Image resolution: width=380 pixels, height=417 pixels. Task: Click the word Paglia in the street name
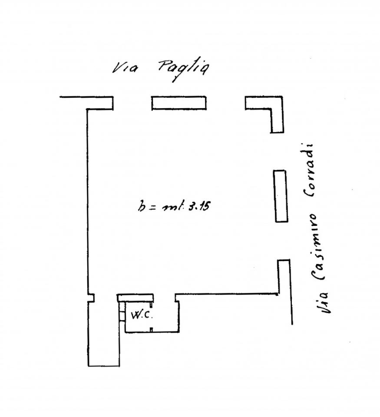coord(183,69)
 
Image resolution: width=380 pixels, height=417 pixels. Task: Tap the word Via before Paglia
coord(125,68)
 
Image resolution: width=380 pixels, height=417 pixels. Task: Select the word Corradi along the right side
coord(309,170)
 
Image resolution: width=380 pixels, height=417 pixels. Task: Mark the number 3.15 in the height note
coord(199,206)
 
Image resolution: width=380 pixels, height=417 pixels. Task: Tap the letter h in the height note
coord(142,206)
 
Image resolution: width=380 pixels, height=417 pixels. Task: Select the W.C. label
coord(142,315)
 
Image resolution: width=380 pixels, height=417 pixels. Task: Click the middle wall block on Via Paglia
coord(179,103)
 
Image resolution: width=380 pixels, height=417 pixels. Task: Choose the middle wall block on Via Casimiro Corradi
coord(281,196)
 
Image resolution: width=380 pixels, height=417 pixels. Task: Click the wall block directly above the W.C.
coord(135,298)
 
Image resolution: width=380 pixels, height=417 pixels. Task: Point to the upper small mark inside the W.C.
coord(151,304)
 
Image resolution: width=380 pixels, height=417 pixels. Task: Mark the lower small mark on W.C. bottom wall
coord(151,330)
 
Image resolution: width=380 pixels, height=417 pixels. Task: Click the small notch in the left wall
coord(91,298)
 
